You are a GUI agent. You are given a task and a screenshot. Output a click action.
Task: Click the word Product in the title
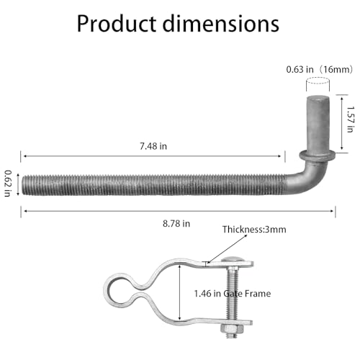coord(117,24)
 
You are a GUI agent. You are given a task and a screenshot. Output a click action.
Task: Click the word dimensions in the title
coord(221,24)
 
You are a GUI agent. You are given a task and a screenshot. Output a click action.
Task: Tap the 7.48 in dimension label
coord(153,146)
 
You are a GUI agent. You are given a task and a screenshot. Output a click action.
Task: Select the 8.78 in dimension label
coord(176,224)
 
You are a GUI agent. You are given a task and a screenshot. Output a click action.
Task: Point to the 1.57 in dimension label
coord(351,120)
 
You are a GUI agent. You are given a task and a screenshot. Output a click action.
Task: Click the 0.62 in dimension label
coord(8,184)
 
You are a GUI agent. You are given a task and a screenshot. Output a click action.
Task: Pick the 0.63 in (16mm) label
coord(320,70)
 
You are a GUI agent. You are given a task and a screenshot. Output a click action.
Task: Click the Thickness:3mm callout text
coord(254,230)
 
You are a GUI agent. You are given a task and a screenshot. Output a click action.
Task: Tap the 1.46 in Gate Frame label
coord(233,294)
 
